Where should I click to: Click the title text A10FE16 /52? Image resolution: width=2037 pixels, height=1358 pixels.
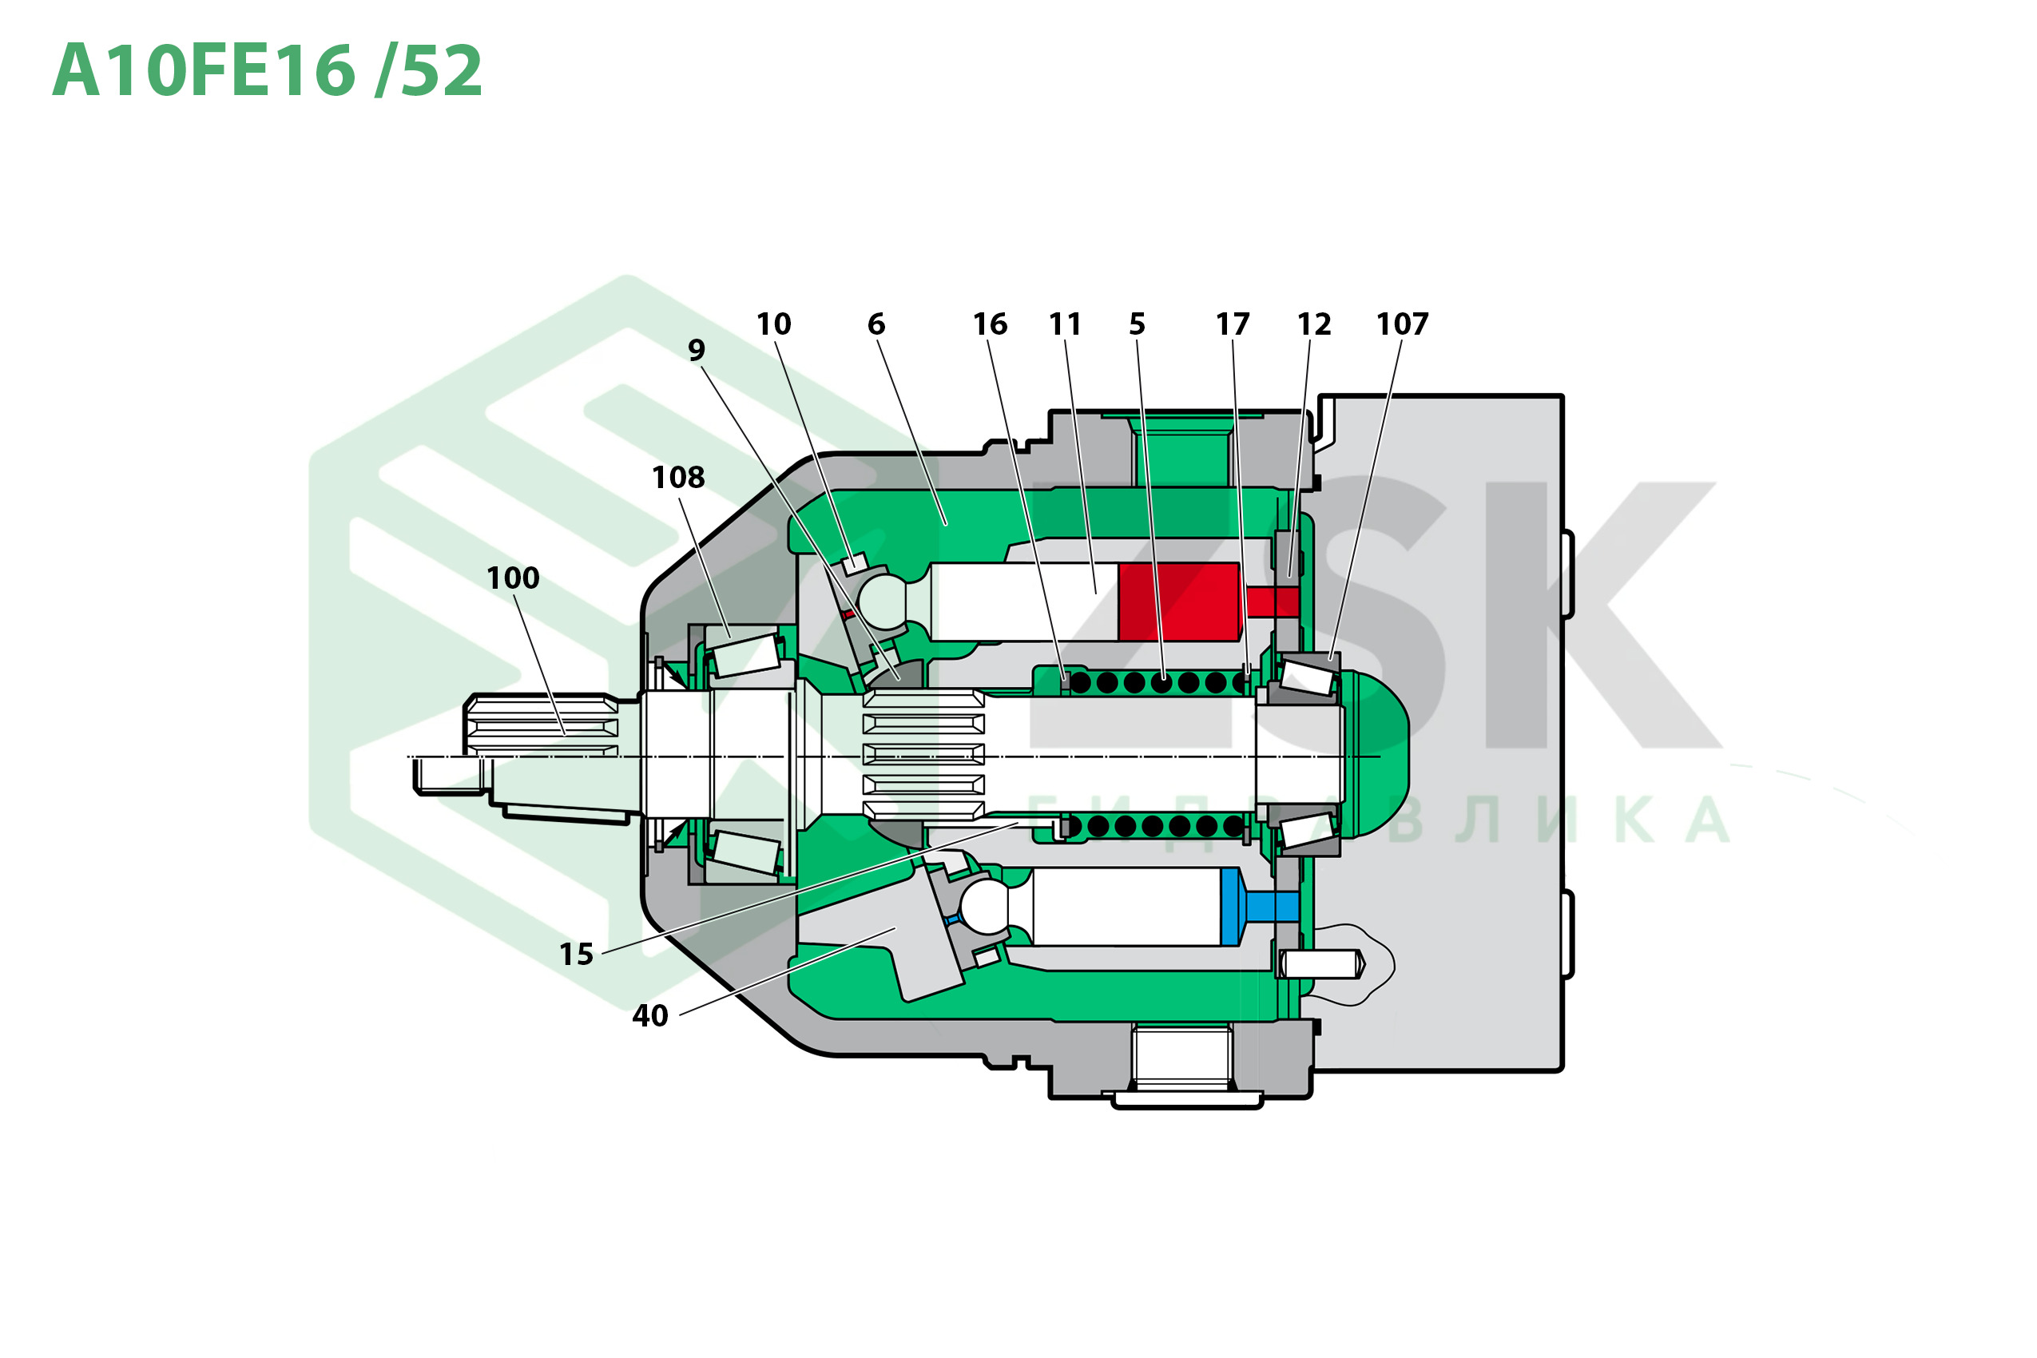(267, 71)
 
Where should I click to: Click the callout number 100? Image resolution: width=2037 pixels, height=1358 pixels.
(513, 578)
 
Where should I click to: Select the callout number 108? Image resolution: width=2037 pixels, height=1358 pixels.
(678, 477)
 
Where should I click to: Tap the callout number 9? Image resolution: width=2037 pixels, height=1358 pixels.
(697, 350)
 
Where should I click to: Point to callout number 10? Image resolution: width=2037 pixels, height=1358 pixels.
(773, 324)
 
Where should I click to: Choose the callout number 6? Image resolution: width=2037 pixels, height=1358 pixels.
(876, 324)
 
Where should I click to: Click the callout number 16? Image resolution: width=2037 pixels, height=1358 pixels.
(990, 324)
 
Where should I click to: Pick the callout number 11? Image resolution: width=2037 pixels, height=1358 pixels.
(1066, 324)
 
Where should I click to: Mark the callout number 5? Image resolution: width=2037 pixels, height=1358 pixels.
(1138, 324)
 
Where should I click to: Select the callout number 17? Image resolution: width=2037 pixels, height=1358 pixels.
(1233, 324)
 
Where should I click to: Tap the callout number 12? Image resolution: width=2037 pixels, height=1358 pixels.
(1314, 324)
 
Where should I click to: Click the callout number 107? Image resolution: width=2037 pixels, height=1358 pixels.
(1402, 324)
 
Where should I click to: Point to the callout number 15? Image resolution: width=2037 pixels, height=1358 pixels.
(576, 955)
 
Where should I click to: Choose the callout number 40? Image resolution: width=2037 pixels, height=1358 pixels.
(649, 1015)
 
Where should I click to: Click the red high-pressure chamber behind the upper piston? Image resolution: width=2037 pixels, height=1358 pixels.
(1177, 602)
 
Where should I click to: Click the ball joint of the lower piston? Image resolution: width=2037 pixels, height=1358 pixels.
(984, 906)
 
